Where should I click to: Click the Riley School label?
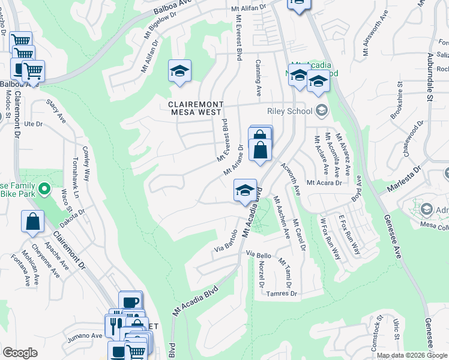[290, 110]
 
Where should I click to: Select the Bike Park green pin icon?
[44, 190]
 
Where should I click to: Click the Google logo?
[20, 353]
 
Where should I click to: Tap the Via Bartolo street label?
[226, 242]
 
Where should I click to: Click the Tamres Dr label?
[282, 293]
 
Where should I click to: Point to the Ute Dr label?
[34, 124]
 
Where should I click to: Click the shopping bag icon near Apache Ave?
[33, 221]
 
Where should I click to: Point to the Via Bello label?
[259, 256]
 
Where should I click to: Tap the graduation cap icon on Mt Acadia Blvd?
[244, 191]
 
